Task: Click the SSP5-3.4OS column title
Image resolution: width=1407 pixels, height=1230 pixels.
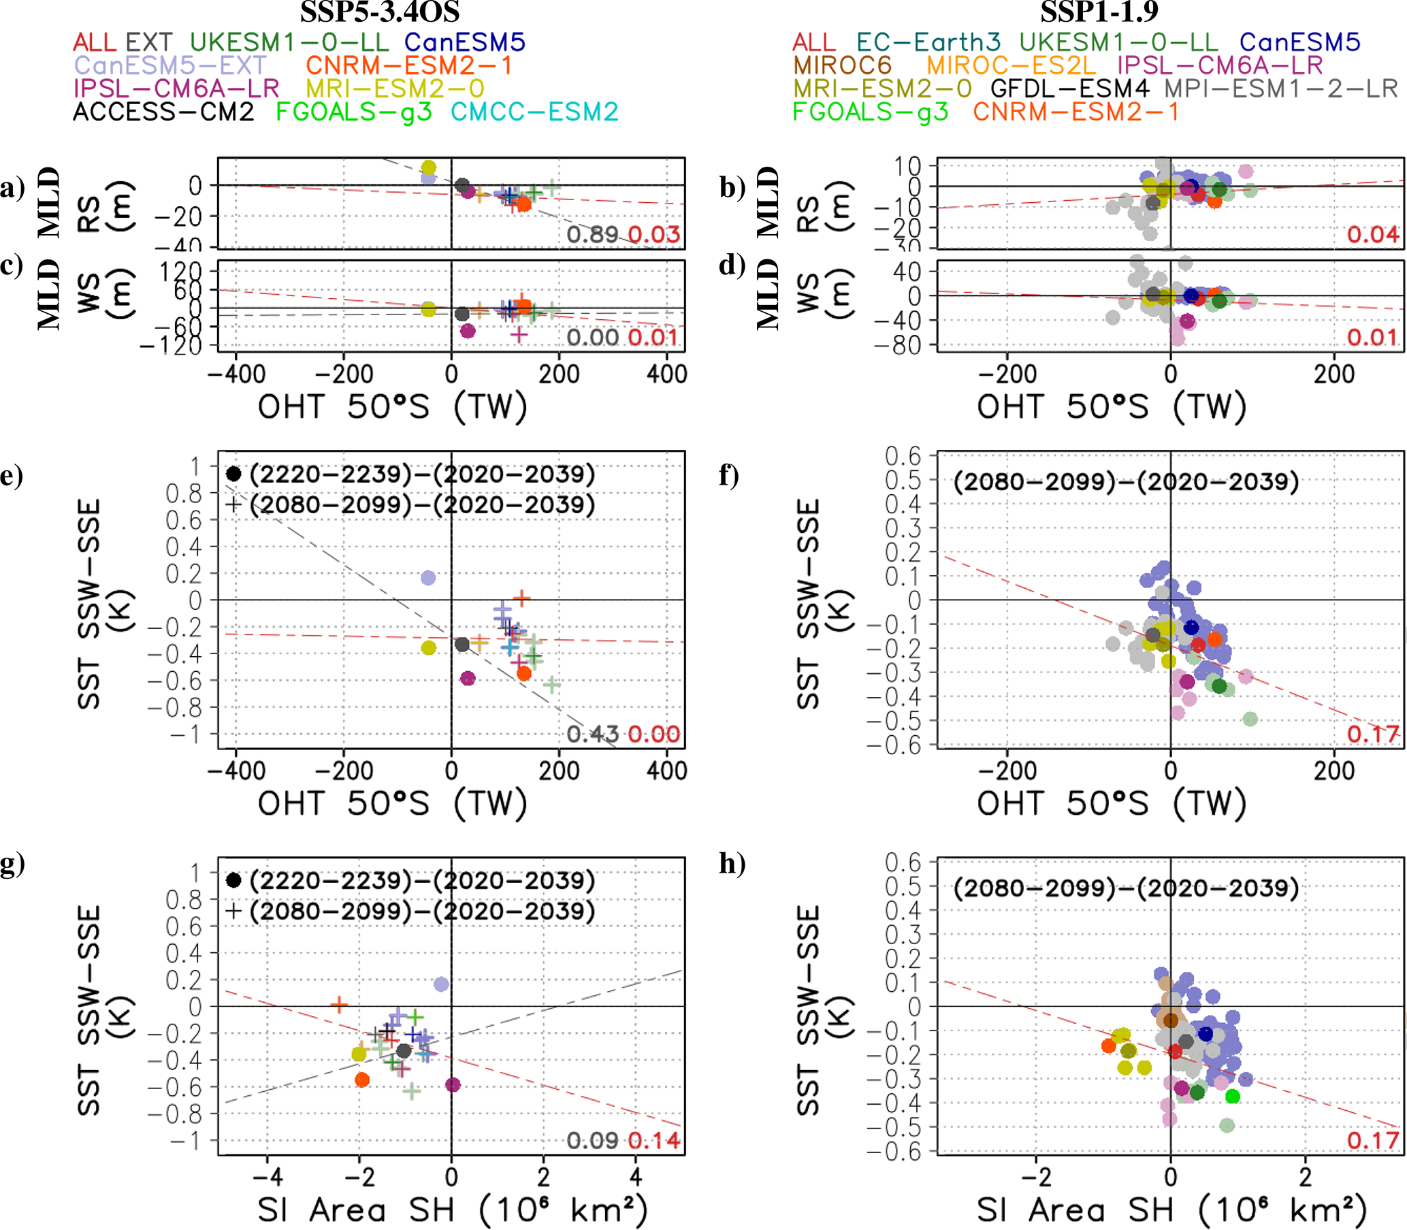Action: coord(380,12)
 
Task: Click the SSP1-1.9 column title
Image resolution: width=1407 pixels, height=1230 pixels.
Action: coord(1099,12)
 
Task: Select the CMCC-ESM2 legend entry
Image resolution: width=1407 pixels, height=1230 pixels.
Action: coord(534,112)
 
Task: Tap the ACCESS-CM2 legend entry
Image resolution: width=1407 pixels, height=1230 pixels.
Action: coord(163,112)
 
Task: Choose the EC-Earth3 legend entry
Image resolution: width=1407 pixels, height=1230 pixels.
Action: coord(928,43)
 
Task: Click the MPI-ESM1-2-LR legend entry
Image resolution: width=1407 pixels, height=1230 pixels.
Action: coord(1280,88)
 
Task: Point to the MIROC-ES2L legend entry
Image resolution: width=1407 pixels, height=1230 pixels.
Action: coord(1011,66)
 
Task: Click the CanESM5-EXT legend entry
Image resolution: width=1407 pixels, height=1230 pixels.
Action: coord(169,66)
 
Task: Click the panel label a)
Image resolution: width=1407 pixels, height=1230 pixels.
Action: coord(12,187)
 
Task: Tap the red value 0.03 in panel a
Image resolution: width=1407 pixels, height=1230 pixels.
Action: coord(654,235)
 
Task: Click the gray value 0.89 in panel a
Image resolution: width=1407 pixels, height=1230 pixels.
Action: coord(593,235)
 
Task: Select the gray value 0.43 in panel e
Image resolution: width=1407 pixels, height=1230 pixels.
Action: coord(593,734)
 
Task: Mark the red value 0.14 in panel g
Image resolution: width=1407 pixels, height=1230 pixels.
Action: coord(654,1141)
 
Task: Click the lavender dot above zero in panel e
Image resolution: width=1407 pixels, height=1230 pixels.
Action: coord(427,578)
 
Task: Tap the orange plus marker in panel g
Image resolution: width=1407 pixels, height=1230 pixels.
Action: coord(339,1005)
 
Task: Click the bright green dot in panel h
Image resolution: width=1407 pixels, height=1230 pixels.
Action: coord(1233,1096)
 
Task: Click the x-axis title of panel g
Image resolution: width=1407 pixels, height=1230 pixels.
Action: coord(451,1210)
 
